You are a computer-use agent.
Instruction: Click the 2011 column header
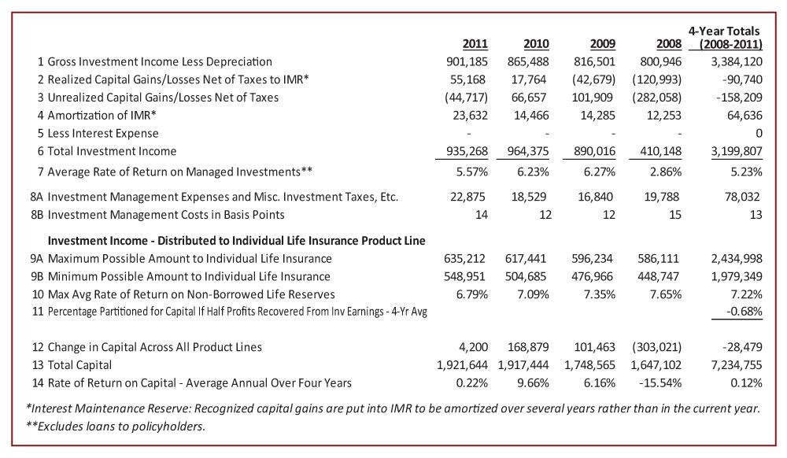pos(475,43)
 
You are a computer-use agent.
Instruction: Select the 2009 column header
pos(602,43)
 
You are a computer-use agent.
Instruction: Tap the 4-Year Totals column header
pos(725,38)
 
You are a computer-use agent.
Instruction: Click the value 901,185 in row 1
pos(467,61)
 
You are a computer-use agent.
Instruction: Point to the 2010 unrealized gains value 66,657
pos(529,98)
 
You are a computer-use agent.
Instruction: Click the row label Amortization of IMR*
pos(102,116)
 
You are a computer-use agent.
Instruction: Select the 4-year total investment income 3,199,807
pos(737,151)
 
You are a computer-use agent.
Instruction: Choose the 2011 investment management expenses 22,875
pos(467,197)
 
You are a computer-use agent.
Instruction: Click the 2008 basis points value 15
pos(675,215)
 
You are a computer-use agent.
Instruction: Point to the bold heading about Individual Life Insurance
pos(236,241)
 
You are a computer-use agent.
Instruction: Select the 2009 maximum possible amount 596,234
pos(592,259)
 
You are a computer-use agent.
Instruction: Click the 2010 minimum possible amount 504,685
pos(526,276)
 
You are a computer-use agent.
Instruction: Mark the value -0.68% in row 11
pos(745,311)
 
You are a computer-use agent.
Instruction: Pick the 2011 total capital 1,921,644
pos(462,365)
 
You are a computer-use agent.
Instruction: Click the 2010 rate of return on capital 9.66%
pos(533,382)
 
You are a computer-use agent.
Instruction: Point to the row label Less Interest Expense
pos(103,134)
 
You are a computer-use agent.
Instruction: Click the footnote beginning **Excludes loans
pos(116,427)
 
